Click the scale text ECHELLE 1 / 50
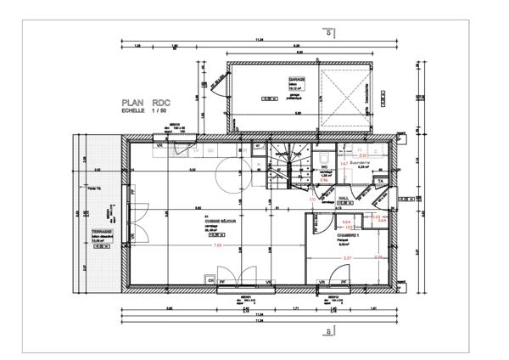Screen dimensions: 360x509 (x=144, y=110)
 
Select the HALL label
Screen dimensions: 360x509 (x=344, y=197)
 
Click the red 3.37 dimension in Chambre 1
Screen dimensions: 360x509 (x=346, y=257)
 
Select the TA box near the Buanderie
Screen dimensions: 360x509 (x=381, y=182)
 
